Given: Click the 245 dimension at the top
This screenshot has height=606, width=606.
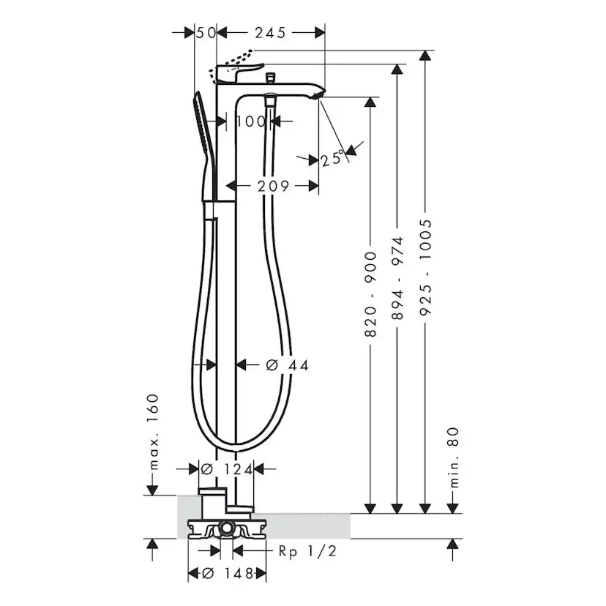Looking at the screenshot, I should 271,33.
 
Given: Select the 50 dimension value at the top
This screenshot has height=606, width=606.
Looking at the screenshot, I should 206,33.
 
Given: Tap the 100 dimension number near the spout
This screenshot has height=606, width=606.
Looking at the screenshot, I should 251,121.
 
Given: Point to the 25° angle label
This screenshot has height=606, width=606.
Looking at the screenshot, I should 332,158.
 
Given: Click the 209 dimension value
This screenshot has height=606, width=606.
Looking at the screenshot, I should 272,186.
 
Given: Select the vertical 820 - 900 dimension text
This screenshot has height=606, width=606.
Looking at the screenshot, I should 370,293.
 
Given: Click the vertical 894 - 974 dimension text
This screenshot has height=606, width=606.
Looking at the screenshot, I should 397,278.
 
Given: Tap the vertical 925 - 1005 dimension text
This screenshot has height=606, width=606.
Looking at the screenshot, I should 424,267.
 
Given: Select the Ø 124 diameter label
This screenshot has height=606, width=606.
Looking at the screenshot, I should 226,469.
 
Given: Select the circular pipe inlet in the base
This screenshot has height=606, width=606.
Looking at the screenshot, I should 227,527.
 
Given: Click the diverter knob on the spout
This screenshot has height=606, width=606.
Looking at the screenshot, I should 272,75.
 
